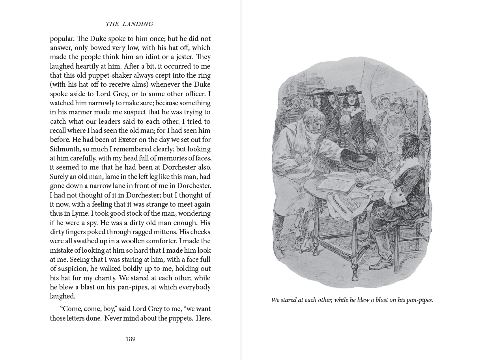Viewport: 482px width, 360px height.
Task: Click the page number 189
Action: click(x=131, y=339)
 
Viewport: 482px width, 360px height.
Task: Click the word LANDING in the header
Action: click(x=138, y=24)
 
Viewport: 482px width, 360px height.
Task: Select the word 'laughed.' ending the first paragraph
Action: click(x=62, y=296)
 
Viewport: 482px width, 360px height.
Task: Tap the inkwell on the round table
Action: click(x=360, y=183)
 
